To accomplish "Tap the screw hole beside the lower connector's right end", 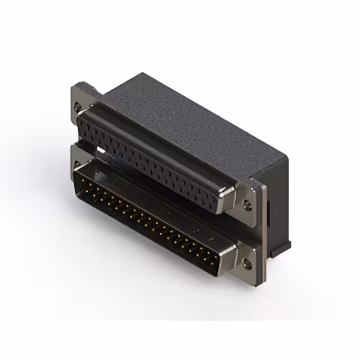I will (247, 262).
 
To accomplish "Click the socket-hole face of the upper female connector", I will (152, 163).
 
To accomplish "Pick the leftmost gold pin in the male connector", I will (80, 179).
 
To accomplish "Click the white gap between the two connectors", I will (100, 151).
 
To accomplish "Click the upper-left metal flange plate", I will (79, 101).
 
